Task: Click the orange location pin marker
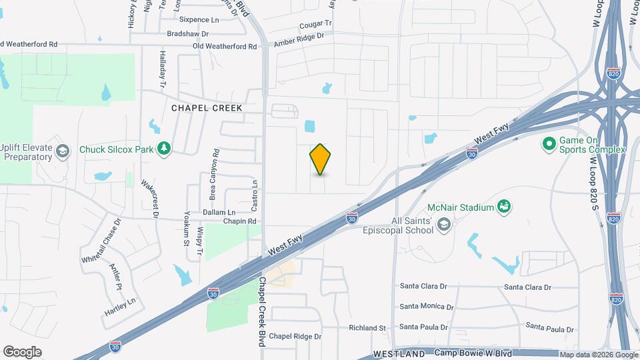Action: [320, 159]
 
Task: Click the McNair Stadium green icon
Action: [505, 207]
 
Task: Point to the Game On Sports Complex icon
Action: [549, 143]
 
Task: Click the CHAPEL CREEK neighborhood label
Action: [207, 108]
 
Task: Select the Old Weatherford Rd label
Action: [225, 46]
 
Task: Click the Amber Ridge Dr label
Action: [299, 39]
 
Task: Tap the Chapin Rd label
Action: [240, 221]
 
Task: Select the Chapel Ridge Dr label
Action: [295, 337]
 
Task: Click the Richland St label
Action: [367, 328]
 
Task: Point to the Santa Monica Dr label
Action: [427, 307]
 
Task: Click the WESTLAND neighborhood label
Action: [399, 353]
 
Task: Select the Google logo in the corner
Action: [22, 351]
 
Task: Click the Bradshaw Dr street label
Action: [188, 33]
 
